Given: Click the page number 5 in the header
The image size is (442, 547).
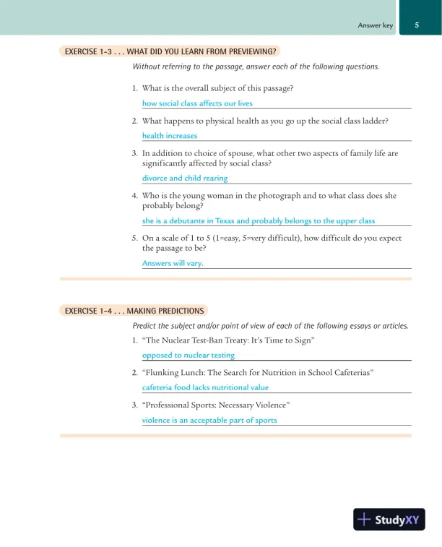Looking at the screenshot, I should [417, 25].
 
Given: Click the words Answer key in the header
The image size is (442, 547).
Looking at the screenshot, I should [376, 26].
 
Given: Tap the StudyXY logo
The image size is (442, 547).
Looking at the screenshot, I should [389, 520].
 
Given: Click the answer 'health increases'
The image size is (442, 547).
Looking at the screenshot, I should [170, 135].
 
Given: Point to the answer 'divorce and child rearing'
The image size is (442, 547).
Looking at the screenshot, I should [185, 178].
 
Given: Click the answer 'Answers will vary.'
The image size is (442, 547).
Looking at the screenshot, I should [173, 263].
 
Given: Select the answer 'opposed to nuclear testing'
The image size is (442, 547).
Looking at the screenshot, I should [188, 355].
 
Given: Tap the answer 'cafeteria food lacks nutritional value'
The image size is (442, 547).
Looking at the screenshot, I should [205, 387].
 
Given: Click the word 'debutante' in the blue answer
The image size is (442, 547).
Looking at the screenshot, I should [191, 220].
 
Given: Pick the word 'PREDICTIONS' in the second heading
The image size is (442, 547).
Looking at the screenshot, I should [180, 311].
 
